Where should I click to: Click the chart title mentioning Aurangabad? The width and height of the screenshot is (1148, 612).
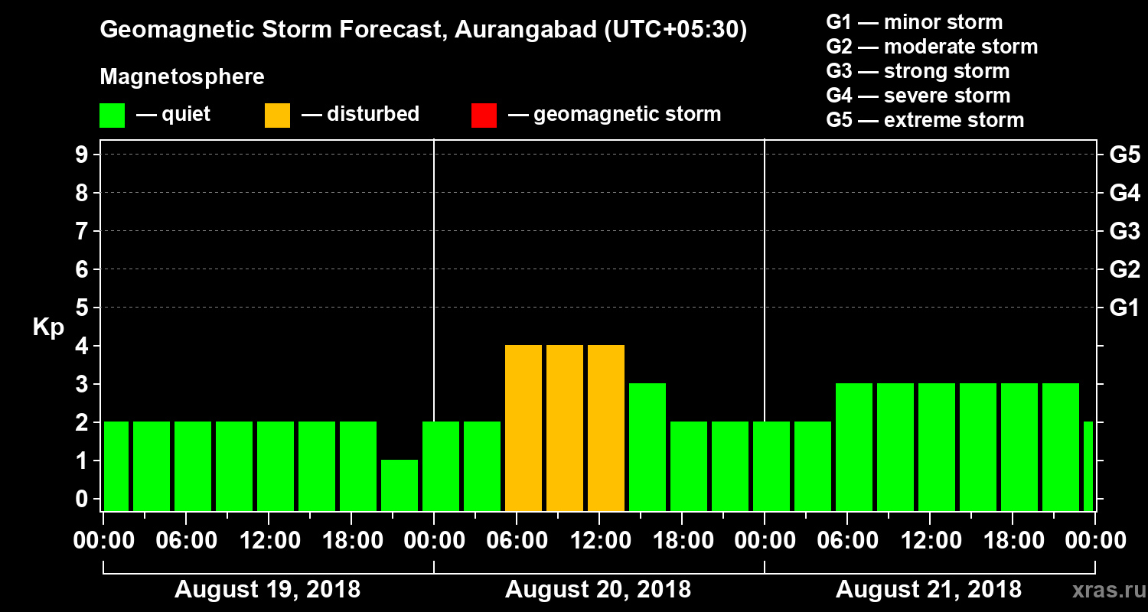[x=423, y=31]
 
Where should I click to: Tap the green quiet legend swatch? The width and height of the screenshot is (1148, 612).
[x=112, y=116]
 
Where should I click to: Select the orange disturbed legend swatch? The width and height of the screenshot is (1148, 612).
[x=277, y=116]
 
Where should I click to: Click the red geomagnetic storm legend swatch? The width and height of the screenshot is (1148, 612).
[x=484, y=116]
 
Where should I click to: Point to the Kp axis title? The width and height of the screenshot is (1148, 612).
[x=48, y=327]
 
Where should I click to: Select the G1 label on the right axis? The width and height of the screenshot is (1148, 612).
[x=1124, y=308]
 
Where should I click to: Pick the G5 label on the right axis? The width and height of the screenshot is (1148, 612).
[x=1124, y=155]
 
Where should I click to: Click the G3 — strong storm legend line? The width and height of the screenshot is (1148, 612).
[x=918, y=71]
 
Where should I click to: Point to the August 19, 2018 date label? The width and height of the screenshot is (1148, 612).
[x=267, y=590]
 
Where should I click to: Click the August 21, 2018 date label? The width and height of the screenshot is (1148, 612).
[x=928, y=590]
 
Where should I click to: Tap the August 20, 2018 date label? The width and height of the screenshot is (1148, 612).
[x=598, y=590]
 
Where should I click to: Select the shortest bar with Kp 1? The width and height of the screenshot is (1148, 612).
[x=400, y=485]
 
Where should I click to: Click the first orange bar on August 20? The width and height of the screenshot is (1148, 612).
[x=523, y=428]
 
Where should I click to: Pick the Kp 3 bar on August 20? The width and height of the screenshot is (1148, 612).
[x=647, y=447]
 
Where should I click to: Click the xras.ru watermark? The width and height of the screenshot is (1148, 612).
[x=1101, y=590]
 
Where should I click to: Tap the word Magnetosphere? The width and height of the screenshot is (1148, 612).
[x=182, y=77]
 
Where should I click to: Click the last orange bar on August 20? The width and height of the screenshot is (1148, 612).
[x=606, y=428]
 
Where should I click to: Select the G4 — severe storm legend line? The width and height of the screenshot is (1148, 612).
[x=918, y=96]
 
